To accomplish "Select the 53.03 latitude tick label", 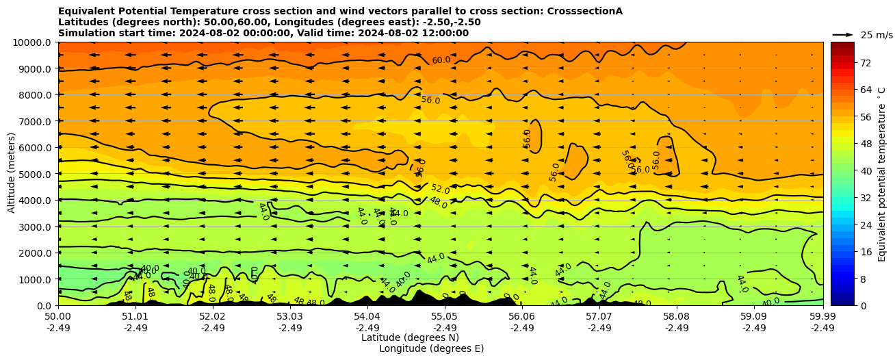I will pos(290,317).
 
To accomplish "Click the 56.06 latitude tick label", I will pos(522,317).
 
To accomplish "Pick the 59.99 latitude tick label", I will pos(822,317).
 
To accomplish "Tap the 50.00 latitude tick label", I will pos(58,317).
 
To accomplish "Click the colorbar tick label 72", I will pos(865,63).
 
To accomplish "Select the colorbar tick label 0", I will pos(862,306).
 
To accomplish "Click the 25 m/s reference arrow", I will pos(843,34).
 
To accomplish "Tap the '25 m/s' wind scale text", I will pos(877,35).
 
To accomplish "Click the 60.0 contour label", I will pos(441,60).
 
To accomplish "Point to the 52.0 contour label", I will pos(440,189).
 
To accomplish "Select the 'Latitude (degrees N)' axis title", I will pos(410,337).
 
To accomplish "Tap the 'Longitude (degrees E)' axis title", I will pos(431,348).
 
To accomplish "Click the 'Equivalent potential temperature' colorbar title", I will pos(882,174).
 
